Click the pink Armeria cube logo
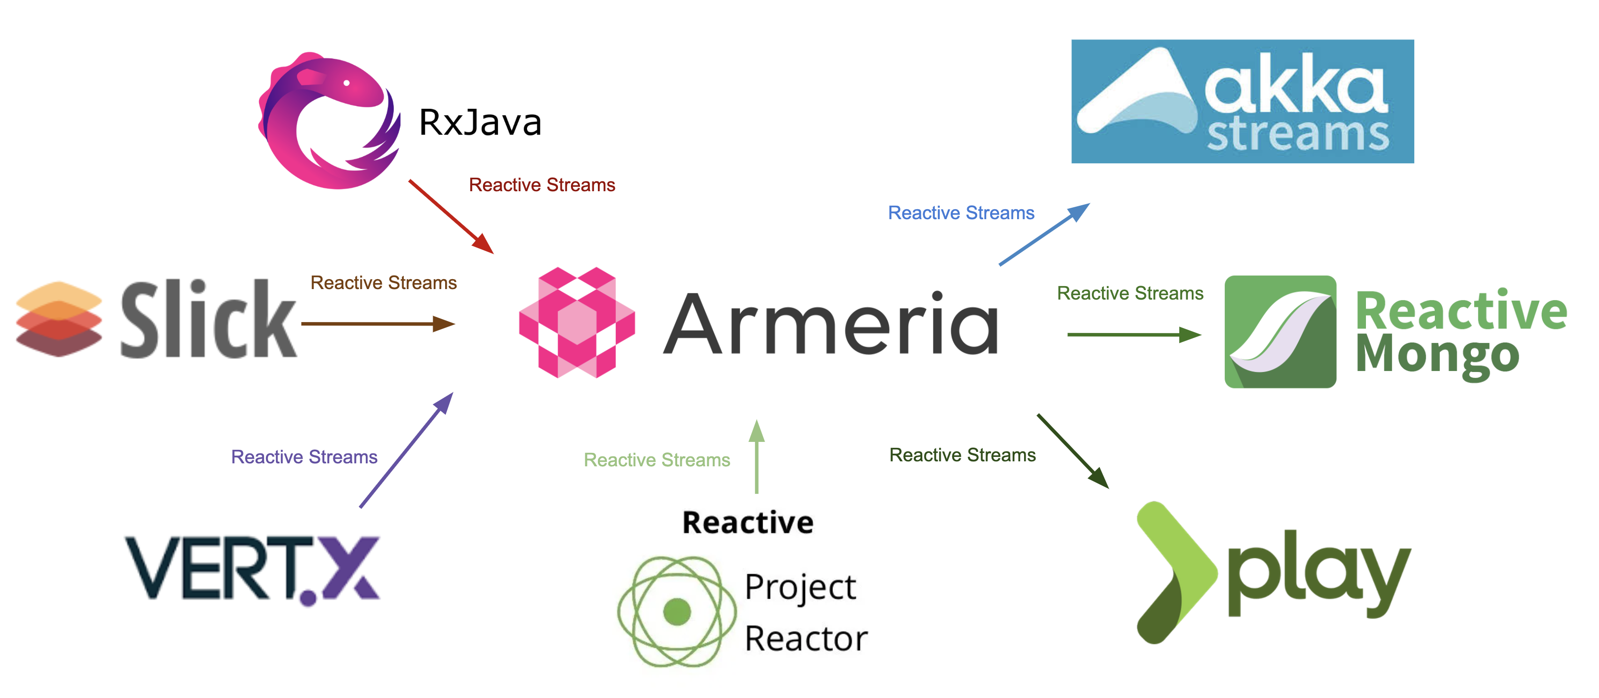tap(576, 323)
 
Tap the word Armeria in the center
tap(830, 324)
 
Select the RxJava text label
tap(480, 122)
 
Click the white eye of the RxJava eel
tap(346, 82)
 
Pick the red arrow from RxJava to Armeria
tap(451, 217)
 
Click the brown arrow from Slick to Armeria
tap(377, 324)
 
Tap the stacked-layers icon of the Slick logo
tap(59, 319)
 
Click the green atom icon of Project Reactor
tap(677, 611)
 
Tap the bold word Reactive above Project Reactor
tap(748, 522)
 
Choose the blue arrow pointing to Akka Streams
tap(1044, 234)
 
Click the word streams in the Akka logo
tap(1298, 134)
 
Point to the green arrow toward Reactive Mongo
tap(1133, 335)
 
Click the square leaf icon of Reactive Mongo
tap(1280, 332)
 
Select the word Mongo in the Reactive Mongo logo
tap(1437, 355)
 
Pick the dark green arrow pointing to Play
tap(1072, 451)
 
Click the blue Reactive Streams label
tap(961, 213)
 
